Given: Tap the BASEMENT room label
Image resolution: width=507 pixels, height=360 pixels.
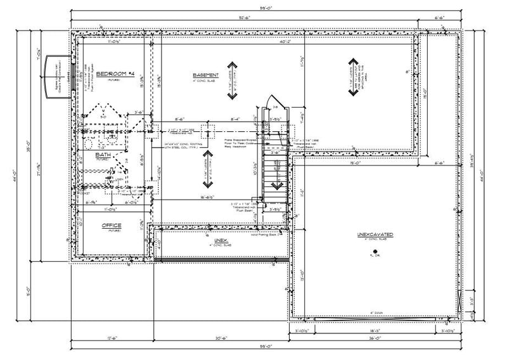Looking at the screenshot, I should (x=206, y=74).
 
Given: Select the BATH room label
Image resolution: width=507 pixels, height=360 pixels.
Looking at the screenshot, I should (x=102, y=154).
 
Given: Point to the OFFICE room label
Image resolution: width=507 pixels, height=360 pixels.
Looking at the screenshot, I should (x=111, y=225).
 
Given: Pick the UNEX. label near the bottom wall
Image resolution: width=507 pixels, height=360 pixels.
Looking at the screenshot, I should (x=220, y=241).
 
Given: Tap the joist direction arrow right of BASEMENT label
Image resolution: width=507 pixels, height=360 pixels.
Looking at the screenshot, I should (x=233, y=80).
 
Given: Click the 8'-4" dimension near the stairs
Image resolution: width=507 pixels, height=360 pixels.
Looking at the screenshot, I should (x=234, y=119).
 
